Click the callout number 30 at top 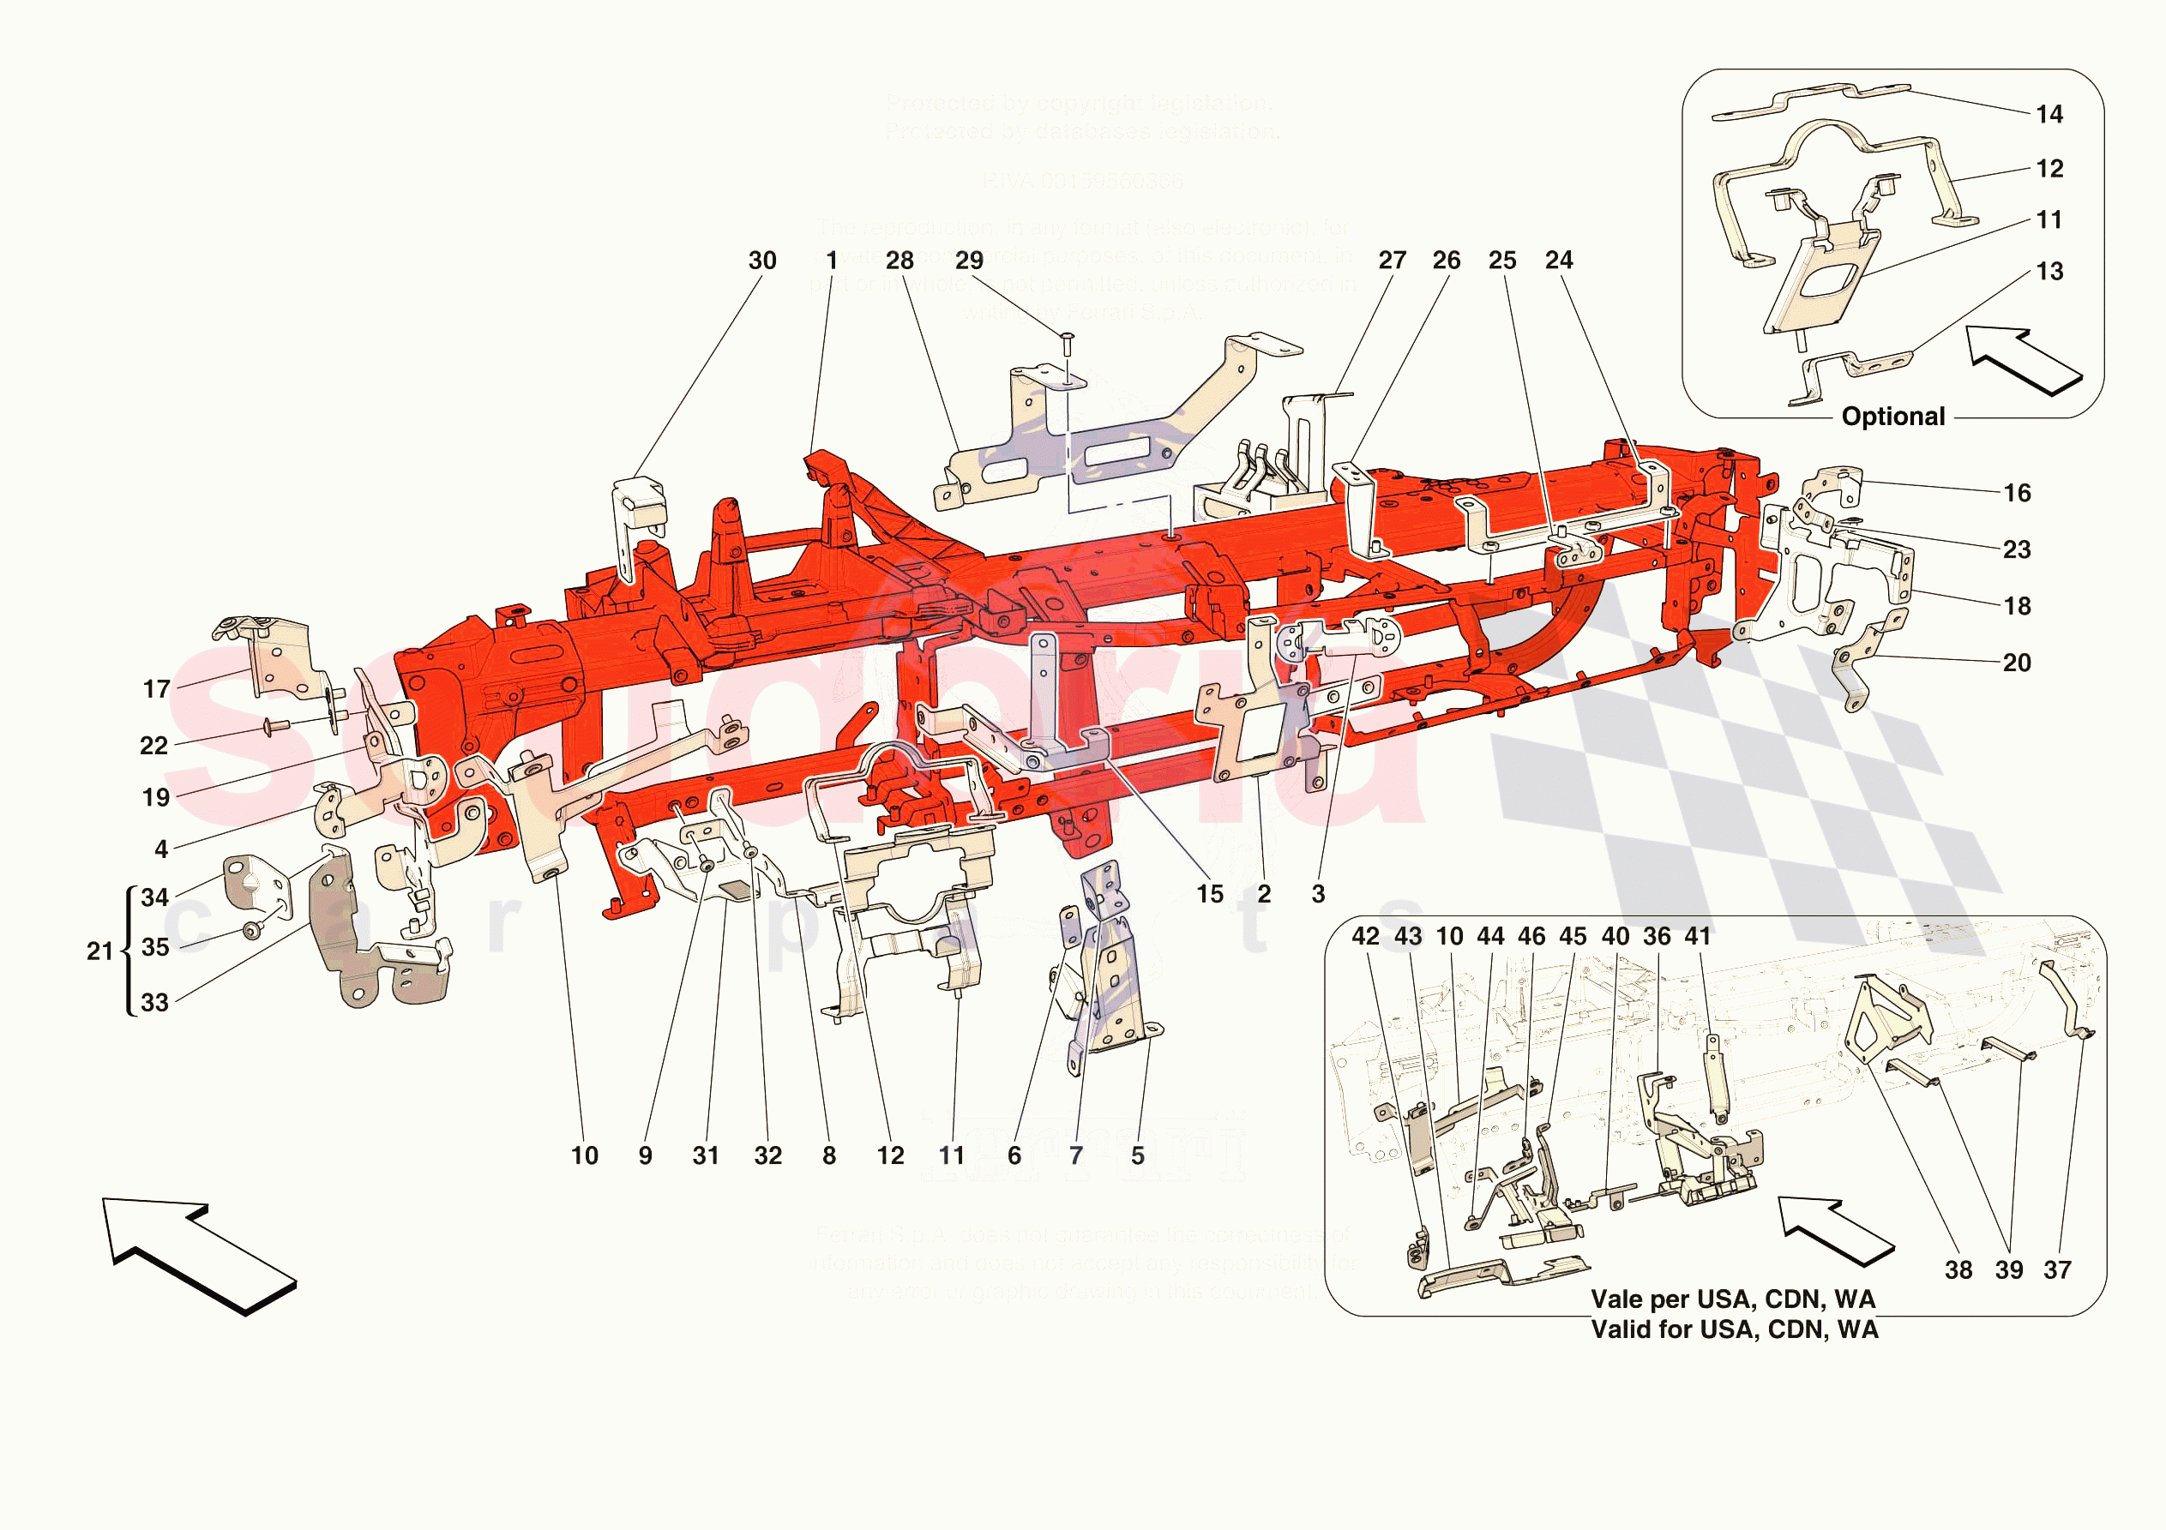point(762,261)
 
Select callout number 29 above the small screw point(969,261)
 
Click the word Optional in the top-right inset point(1892,417)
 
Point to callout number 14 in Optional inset point(2049,114)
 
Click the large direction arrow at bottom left point(199,1255)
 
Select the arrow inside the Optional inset point(2024,360)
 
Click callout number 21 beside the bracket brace point(99,951)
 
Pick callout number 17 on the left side point(157,689)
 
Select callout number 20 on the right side point(2017,663)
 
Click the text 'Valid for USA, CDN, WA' point(1734,1330)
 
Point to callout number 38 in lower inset point(1958,1270)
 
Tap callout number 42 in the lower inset point(1365,937)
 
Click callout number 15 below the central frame point(1209,894)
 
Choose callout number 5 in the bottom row point(1138,1155)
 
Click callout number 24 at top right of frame point(1558,261)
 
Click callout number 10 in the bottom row point(584,1155)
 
